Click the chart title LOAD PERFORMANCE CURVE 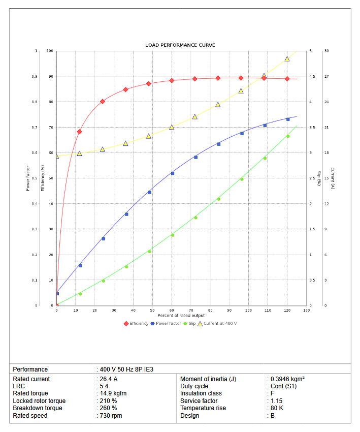coord(180,45)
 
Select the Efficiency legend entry coord(137,324)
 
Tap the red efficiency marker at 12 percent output coord(79,132)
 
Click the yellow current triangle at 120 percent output coord(287,59)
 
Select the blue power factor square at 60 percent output coord(173,173)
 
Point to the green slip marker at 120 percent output coord(287,136)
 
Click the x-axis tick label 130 coord(306,310)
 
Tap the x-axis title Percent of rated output coord(181,316)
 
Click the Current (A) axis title coord(333,178)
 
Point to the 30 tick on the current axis coord(327,51)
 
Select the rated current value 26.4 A coord(109,379)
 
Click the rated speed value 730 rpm coord(111,416)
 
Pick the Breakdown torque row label coord(38,408)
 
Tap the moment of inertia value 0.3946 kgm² coord(287,379)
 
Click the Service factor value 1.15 coord(276,401)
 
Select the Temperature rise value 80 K coord(277,408)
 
